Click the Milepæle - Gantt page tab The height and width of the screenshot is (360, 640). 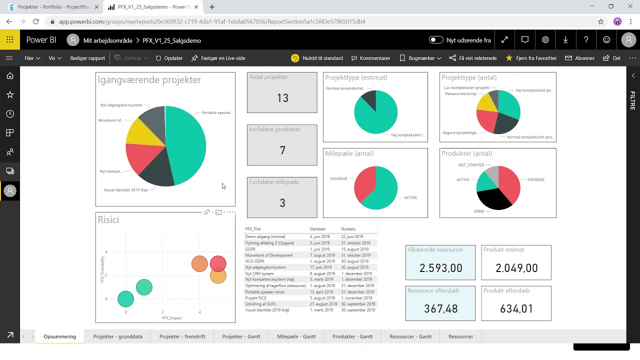(296, 336)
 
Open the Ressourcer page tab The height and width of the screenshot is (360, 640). (460, 336)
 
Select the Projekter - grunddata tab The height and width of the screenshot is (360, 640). (117, 336)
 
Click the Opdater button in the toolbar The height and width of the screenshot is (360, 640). (169, 58)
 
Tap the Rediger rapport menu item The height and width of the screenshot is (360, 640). (87, 58)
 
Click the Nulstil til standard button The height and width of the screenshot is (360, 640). (317, 58)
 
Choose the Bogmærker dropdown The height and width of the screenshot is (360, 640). (420, 58)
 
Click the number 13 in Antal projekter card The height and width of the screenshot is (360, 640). (282, 98)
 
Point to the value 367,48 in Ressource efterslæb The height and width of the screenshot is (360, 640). (440, 309)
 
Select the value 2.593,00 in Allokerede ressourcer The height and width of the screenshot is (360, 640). (440, 268)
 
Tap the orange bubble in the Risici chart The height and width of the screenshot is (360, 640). (199, 263)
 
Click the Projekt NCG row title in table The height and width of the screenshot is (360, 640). (255, 298)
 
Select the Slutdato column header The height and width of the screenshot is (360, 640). (348, 229)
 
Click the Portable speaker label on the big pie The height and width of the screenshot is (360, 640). (216, 113)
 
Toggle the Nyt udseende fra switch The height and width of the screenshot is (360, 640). (436, 40)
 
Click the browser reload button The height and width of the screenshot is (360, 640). (36, 21)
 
